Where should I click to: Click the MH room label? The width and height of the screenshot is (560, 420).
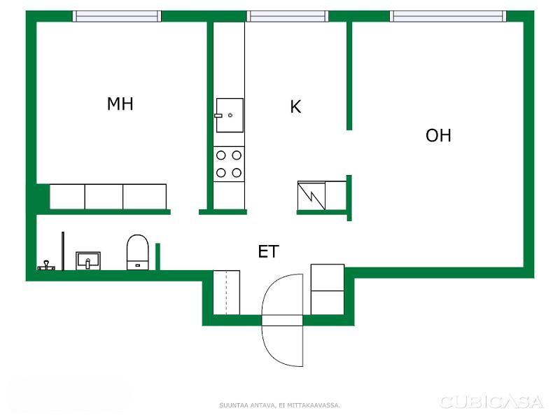point(120,104)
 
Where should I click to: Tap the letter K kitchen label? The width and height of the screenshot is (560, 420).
point(295,106)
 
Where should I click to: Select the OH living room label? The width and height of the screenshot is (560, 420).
point(438,135)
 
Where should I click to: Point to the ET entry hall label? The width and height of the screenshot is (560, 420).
point(268,251)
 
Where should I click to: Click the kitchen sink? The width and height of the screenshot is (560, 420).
point(230,115)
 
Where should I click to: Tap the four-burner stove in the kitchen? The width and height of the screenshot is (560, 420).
point(229,164)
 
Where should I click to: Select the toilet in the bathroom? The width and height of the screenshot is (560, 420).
point(138,252)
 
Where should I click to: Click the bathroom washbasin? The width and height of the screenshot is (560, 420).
point(88,260)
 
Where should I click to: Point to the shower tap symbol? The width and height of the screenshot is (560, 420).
point(46,265)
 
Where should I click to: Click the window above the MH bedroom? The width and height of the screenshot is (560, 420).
point(117,16)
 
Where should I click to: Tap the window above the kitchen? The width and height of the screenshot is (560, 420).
point(288,16)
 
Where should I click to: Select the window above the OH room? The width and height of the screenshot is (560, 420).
point(448,16)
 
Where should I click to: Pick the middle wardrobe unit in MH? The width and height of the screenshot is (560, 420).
point(104,197)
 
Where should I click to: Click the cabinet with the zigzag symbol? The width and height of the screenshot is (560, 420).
point(311,196)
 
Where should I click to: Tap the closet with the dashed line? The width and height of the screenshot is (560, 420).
point(226,293)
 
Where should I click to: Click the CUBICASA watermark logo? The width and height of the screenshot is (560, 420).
point(492,402)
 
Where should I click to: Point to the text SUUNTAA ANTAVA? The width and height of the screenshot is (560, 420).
point(247,405)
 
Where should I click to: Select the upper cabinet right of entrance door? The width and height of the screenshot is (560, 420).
point(328,277)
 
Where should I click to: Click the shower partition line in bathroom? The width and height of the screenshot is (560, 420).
point(63,251)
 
